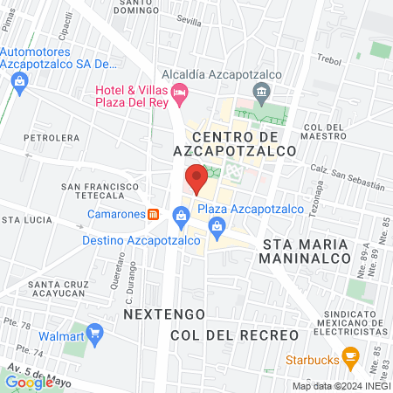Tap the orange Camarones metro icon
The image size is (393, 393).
pyautogui.click(x=153, y=214)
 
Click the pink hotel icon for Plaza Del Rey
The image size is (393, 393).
pyautogui.click(x=180, y=92)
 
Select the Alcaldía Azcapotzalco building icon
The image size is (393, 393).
pyautogui.click(x=259, y=93)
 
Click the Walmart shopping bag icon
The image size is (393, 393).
pyautogui.click(x=96, y=333)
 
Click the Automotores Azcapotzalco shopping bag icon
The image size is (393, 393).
pyautogui.click(x=20, y=80)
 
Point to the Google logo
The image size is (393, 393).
pyautogui.click(x=28, y=382)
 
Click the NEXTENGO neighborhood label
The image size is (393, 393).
pyautogui.click(x=163, y=313)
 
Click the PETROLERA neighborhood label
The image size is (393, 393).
pyautogui.click(x=52, y=138)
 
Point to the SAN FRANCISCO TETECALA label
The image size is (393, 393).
pyautogui.click(x=100, y=191)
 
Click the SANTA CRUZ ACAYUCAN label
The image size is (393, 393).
pyautogui.click(x=65, y=289)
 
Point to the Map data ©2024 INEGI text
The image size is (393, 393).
pyautogui.click(x=340, y=386)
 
